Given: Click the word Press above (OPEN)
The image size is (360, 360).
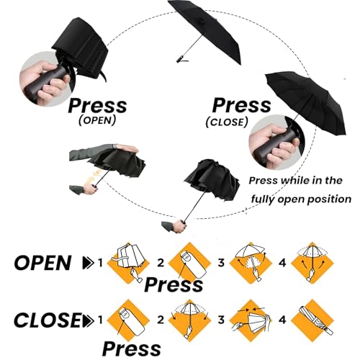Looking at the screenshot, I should tap(97, 106).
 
